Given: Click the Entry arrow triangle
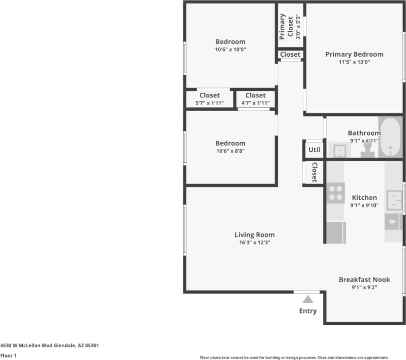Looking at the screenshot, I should pos(308,299).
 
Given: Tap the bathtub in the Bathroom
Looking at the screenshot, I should pos(390,138).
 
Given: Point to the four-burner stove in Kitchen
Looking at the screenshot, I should pos(336,193).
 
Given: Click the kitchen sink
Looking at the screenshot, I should pos(394,200).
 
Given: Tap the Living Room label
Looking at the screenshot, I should pos(254,235).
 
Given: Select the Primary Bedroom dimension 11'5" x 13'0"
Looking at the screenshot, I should pos(354,62).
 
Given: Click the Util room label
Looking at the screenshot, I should pos(314,150).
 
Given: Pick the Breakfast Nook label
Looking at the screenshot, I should pos(364,280).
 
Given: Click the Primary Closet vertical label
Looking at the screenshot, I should pos(286,26).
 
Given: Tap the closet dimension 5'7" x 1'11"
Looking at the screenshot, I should pos(209,103).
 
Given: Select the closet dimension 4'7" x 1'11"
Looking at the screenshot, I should pos(255,103).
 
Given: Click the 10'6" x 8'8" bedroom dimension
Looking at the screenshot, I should pos(230,151).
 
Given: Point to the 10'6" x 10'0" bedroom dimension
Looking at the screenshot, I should pos(230,49).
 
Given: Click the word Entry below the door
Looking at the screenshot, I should pos(308,311).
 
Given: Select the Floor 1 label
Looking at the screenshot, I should pos(9,356).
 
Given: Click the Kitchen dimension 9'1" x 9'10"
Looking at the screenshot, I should pos(364,205).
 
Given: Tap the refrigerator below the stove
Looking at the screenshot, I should pos(336,232).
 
